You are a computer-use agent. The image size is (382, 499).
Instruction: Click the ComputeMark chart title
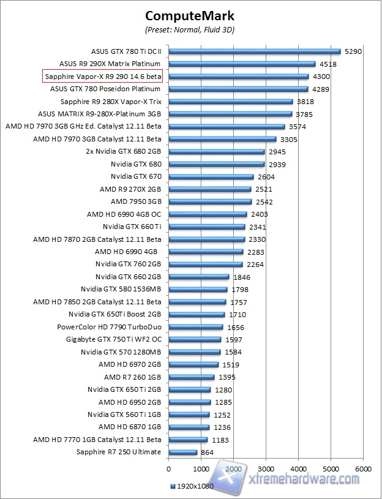190,15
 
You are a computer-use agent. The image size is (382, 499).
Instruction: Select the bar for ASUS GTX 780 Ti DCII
254,51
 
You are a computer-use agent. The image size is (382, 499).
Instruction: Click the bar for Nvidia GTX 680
216,164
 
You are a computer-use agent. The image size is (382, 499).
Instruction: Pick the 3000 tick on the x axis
266,469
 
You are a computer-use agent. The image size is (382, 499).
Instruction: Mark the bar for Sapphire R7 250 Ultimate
182,452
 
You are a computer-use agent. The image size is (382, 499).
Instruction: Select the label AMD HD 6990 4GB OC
124,214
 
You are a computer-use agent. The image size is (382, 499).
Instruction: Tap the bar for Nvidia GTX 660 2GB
198,277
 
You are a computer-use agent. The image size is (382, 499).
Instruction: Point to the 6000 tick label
363,469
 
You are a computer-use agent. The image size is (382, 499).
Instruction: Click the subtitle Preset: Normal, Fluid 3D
190,29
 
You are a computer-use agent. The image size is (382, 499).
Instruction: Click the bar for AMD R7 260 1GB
191,377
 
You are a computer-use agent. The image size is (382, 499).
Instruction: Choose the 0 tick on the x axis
168,469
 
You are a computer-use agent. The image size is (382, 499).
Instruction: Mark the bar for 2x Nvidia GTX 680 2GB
216,152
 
